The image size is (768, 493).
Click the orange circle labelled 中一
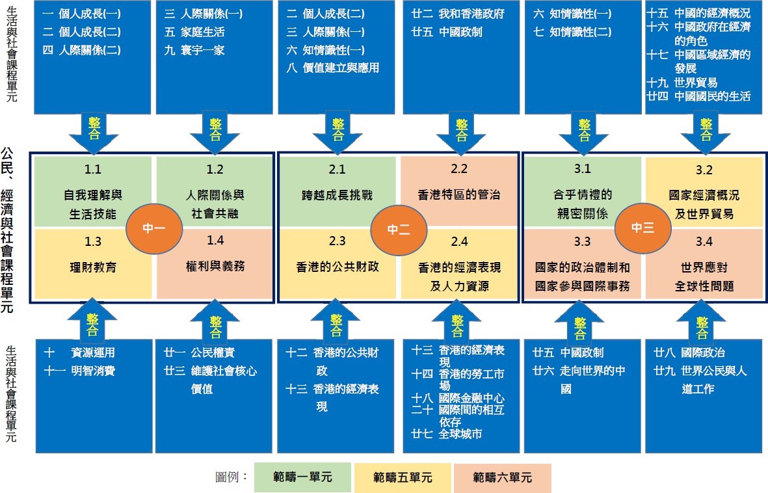[154, 228]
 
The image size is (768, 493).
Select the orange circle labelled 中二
[398, 228]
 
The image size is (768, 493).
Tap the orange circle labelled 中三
[642, 228]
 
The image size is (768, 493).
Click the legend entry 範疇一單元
[302, 477]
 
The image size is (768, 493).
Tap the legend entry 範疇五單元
[403, 477]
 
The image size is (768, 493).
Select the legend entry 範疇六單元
[502, 477]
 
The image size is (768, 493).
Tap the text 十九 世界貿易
[683, 83]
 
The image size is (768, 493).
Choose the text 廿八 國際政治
[689, 353]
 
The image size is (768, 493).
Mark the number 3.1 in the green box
[582, 170]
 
